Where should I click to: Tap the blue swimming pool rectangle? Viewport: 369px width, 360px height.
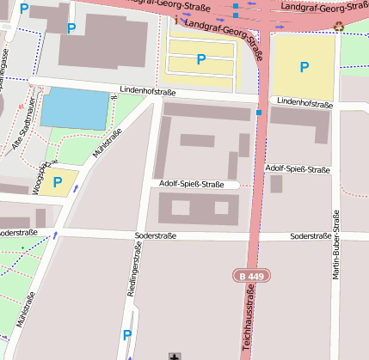(x=76, y=108)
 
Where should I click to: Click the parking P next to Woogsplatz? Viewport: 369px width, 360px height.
(x=58, y=181)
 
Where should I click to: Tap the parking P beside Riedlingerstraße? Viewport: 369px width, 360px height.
(x=127, y=334)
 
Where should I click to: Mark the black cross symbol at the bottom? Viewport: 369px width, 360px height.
(x=176, y=356)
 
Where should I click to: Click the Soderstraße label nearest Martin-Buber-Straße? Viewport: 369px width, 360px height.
(x=311, y=235)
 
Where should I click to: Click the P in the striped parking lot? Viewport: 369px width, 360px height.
(x=201, y=58)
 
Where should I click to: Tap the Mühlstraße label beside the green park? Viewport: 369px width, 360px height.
(x=108, y=144)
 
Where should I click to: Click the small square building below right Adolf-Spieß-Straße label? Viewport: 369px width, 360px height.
(x=276, y=184)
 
